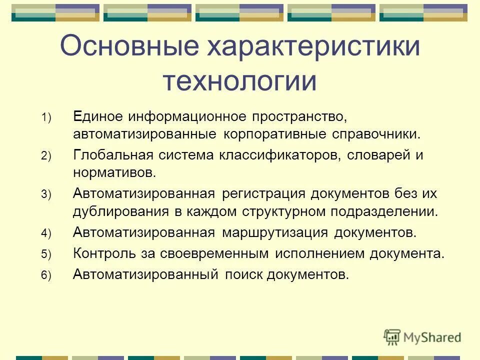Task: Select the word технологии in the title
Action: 239,81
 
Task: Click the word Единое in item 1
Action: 98,116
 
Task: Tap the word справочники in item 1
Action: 379,135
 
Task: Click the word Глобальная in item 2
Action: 112,155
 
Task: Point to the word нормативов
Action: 114,173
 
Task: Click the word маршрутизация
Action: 275,232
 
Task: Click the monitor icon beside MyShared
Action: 392,336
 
